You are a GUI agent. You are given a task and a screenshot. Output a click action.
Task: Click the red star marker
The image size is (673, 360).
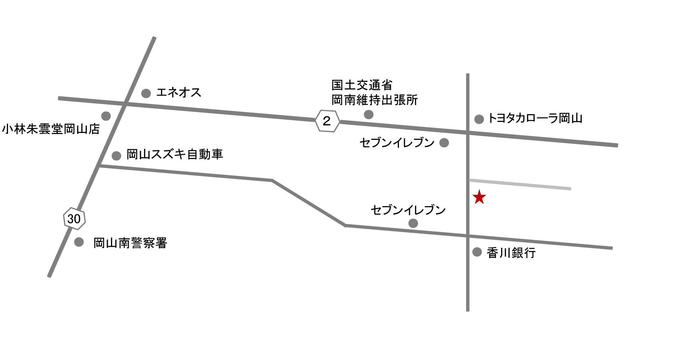(x=479, y=197)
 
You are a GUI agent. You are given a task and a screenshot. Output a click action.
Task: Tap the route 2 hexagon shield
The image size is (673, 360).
(x=327, y=121)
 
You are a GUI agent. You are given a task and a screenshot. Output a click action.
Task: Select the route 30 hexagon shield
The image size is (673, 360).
(x=74, y=218)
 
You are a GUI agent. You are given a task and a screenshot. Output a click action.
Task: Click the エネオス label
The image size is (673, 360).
(x=179, y=92)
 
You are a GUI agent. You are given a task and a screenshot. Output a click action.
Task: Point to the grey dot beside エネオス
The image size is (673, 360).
(x=146, y=93)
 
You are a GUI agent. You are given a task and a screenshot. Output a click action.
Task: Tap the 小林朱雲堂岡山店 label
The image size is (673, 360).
(x=51, y=129)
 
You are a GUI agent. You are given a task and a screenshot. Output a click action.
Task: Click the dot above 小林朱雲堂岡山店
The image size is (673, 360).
(x=106, y=116)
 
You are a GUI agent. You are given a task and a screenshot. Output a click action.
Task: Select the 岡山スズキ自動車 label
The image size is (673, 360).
(x=175, y=154)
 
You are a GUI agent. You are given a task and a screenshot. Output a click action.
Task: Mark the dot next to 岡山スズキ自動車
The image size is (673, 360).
(x=116, y=156)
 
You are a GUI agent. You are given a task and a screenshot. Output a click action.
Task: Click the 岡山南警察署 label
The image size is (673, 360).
(x=130, y=243)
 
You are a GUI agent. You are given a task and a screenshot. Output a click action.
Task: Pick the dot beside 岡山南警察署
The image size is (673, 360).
(x=79, y=242)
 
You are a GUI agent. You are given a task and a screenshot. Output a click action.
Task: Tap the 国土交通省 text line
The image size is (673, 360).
(x=362, y=85)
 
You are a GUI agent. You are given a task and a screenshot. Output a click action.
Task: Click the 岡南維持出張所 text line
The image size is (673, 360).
(x=375, y=100)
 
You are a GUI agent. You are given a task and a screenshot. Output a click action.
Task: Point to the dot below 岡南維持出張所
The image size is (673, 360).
(x=369, y=114)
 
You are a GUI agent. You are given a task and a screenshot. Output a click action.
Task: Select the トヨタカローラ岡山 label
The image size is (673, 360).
(x=535, y=118)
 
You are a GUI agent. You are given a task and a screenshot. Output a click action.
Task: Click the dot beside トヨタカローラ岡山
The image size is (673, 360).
(x=479, y=119)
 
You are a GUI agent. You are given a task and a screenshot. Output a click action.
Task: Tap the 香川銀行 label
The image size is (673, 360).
(x=511, y=253)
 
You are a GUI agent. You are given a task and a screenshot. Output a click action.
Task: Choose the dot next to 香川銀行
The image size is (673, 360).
(x=477, y=252)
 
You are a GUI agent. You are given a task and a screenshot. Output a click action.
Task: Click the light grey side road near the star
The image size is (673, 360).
(x=520, y=184)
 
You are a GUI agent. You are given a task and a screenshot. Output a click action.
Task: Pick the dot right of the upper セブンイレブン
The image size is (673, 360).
(x=444, y=142)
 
